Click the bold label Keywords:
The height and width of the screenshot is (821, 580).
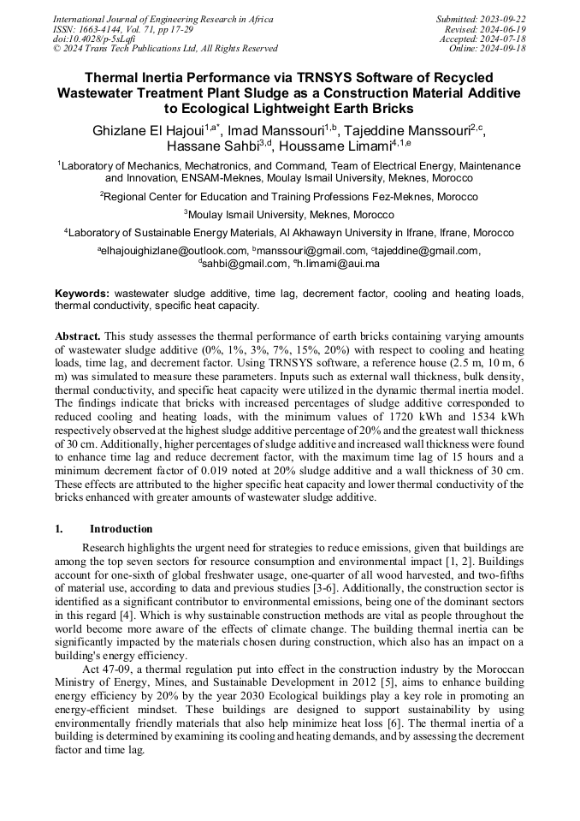click(82, 294)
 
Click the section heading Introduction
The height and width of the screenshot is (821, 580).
click(121, 529)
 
